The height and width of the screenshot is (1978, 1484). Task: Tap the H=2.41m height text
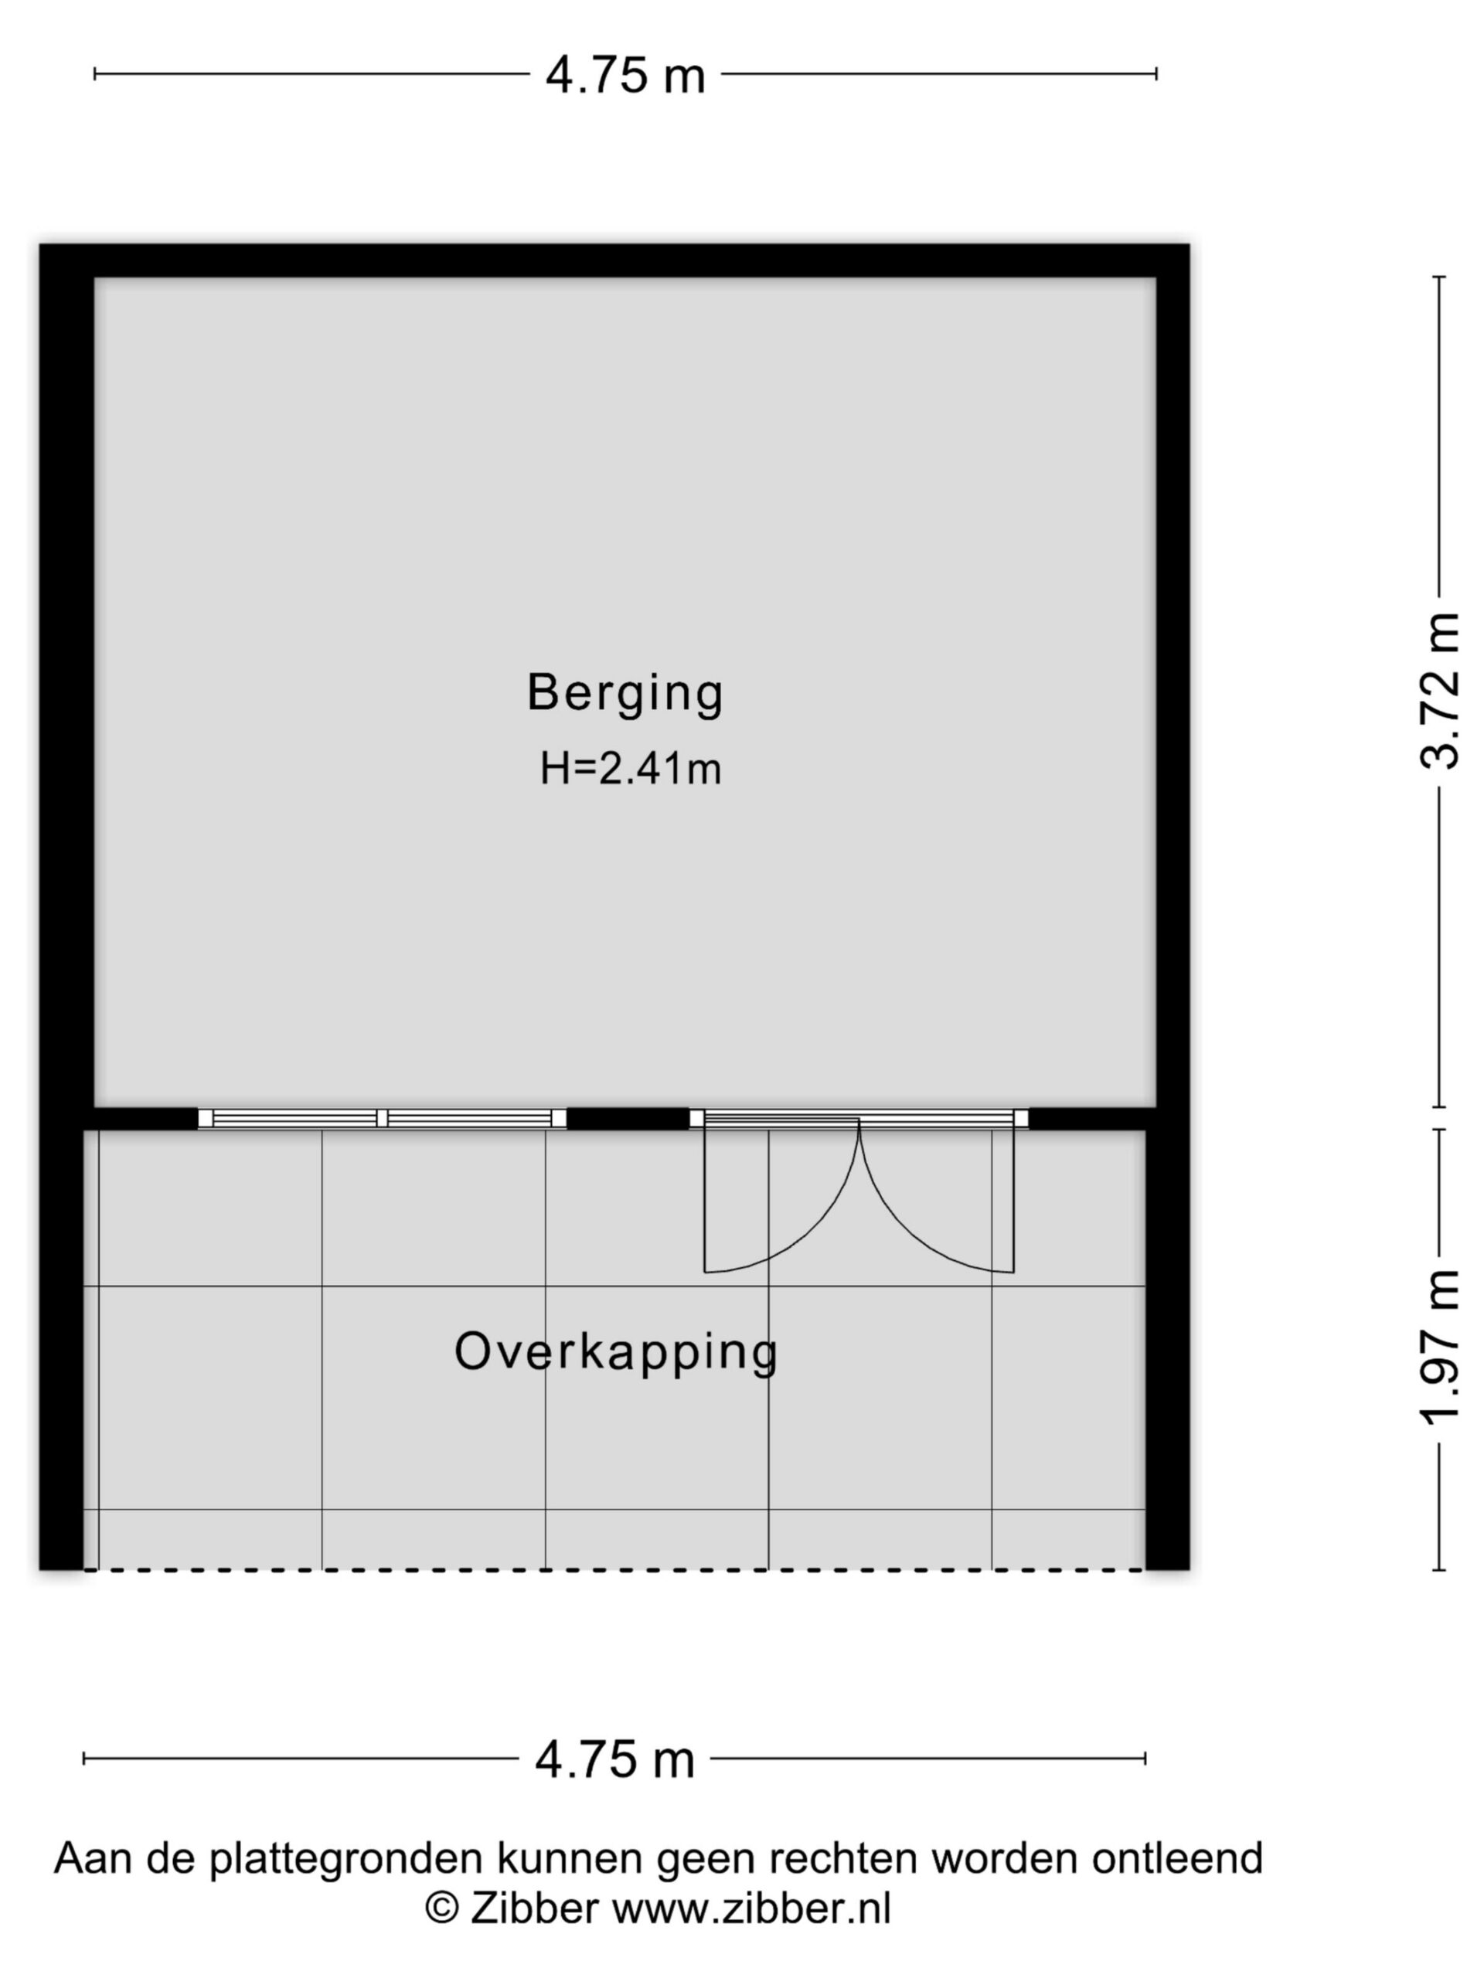pyautogui.click(x=630, y=768)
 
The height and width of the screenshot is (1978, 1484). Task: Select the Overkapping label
pyautogui.click(x=615, y=1353)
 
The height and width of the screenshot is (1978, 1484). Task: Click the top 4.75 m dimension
pyautogui.click(x=625, y=74)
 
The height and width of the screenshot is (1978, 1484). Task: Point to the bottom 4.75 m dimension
pyautogui.click(x=614, y=1758)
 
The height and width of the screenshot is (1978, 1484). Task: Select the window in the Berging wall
pyautogui.click(x=382, y=1118)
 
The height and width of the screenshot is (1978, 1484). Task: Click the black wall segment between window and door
pyautogui.click(x=628, y=1119)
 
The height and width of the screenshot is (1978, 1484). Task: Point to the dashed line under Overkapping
pyautogui.click(x=614, y=1569)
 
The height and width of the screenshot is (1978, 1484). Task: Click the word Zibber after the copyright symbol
pyautogui.click(x=534, y=1908)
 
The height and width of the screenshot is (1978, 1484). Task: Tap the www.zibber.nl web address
pyautogui.click(x=751, y=1908)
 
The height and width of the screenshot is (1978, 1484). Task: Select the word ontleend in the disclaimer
pyautogui.click(x=1176, y=1858)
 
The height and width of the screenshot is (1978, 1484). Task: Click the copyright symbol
pyautogui.click(x=442, y=1908)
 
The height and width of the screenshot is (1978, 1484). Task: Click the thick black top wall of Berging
pyautogui.click(x=614, y=260)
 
